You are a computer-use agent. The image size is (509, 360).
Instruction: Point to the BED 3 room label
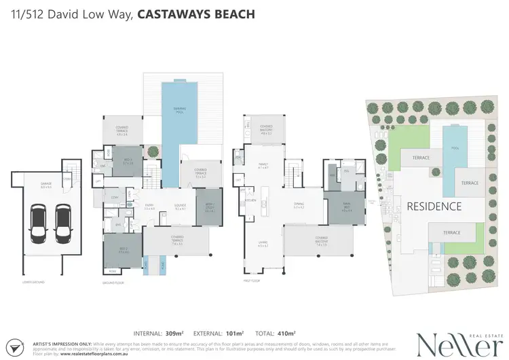point(128,162)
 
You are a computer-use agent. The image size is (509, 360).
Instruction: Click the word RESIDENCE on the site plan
point(434,206)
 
